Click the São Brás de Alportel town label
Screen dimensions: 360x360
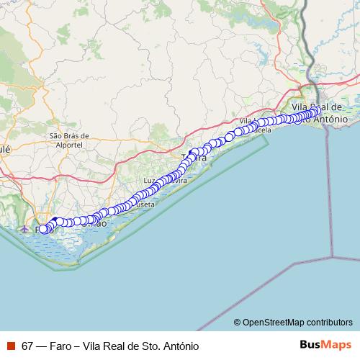point(68,139)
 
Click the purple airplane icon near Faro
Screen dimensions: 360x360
point(25,229)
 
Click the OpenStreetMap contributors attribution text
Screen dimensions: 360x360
point(297,322)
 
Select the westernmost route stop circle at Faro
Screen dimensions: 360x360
point(42,229)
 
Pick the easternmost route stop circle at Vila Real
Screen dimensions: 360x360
point(317,110)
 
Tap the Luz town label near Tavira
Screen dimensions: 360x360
point(150,181)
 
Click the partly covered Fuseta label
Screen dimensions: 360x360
point(144,204)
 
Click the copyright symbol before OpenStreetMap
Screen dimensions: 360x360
point(237,322)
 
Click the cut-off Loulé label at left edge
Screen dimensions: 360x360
point(6,148)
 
